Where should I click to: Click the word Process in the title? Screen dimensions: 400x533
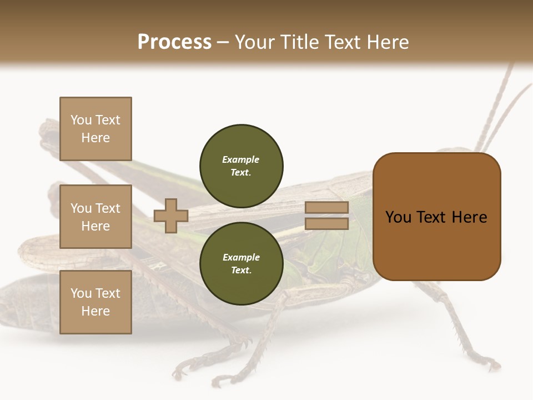click(x=174, y=42)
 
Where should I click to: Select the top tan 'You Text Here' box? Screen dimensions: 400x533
click(x=95, y=129)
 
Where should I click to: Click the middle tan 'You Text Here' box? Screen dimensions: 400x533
click(x=95, y=217)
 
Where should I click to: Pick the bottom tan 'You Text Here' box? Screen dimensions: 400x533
click(x=95, y=302)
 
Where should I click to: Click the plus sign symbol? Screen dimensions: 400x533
click(x=171, y=216)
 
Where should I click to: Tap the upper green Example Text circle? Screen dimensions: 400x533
click(x=242, y=166)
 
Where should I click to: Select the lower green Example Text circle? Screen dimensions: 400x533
click(x=242, y=264)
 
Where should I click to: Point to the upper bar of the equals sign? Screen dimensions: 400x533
click(x=327, y=208)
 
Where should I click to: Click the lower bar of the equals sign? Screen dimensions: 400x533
click(x=327, y=224)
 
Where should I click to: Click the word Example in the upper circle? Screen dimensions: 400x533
click(x=241, y=159)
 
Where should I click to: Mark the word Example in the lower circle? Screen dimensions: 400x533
click(x=241, y=257)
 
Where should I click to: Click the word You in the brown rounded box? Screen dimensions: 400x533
click(x=398, y=217)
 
